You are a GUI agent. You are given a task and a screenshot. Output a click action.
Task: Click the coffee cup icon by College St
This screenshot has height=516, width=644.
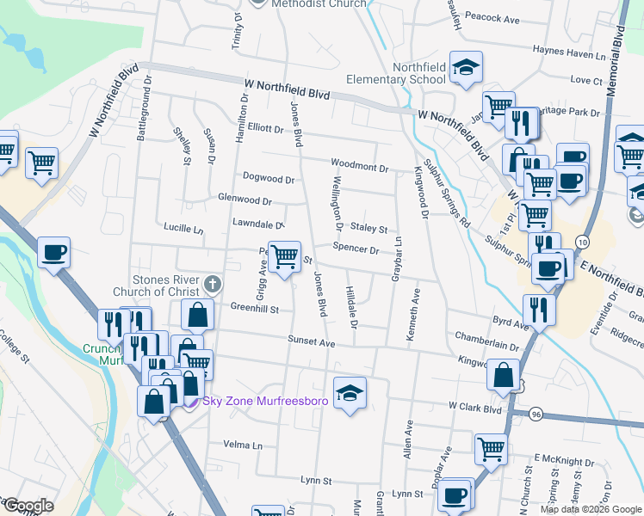53,253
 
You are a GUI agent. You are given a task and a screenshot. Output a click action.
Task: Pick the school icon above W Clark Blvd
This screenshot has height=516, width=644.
349,393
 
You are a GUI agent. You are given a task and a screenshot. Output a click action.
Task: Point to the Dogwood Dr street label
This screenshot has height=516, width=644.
269,180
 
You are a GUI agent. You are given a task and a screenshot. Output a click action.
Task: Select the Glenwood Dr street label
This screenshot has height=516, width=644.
245,200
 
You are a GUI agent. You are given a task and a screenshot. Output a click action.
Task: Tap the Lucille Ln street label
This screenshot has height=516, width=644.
183,230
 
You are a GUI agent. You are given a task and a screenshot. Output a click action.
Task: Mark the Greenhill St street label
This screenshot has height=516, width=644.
255,308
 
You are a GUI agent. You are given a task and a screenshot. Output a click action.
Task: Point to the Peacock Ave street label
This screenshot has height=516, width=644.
492,18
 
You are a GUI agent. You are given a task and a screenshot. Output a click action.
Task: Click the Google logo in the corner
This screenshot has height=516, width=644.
28,506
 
